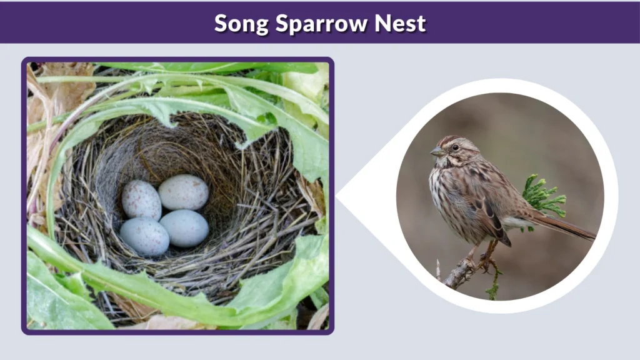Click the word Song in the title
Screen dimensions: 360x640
[239, 23]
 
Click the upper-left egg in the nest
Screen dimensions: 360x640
[141, 199]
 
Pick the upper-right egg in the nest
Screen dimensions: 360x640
[183, 192]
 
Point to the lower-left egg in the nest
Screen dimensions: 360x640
[144, 236]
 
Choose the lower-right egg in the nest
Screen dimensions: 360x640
[184, 227]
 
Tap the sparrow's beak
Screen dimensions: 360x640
[436, 152]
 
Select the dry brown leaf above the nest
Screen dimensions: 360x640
[66, 87]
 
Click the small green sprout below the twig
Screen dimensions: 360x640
[494, 287]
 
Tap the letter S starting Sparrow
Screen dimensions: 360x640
[283, 23]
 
